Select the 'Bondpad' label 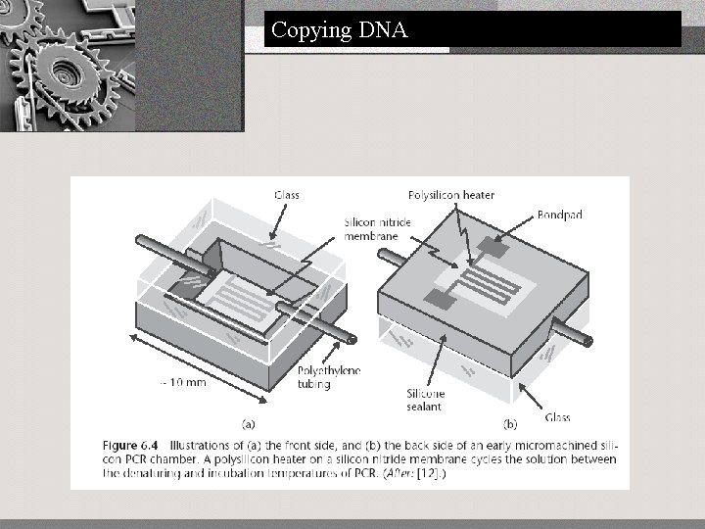(560, 216)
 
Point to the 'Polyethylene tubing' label (328, 377)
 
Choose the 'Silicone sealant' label (426, 399)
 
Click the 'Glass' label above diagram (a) (286, 196)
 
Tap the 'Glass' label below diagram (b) (557, 418)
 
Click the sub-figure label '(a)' (249, 424)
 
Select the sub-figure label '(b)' (510, 424)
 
